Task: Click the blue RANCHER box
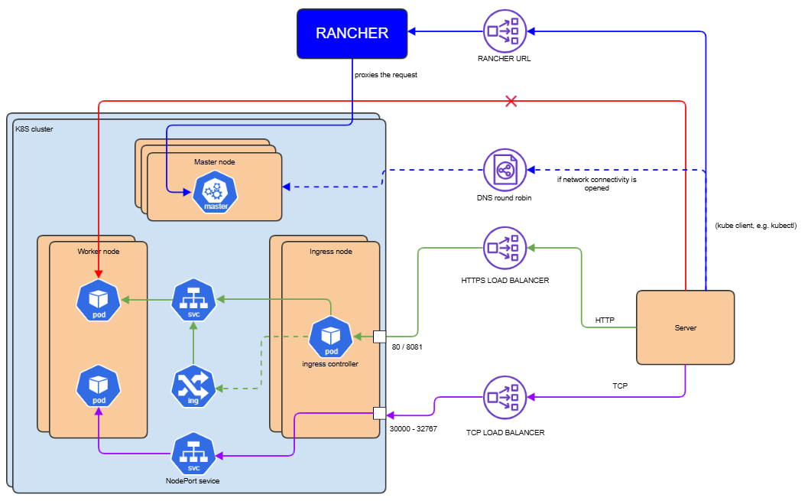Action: pyautogui.click(x=352, y=33)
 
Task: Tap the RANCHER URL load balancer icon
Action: pyautogui.click(x=505, y=30)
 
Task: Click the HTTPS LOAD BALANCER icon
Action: pyautogui.click(x=505, y=248)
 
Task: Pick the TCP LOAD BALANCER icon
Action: pyautogui.click(x=505, y=397)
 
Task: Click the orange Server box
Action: pyautogui.click(x=685, y=327)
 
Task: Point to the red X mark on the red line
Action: pyautogui.click(x=511, y=101)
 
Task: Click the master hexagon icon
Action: pyautogui.click(x=216, y=193)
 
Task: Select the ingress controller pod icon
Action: pyautogui.click(x=331, y=337)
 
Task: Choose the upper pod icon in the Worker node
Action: pyautogui.click(x=99, y=300)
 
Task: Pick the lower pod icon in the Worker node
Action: pyautogui.click(x=99, y=387)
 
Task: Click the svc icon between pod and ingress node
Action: pyautogui.click(x=193, y=300)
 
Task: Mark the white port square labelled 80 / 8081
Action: pyautogui.click(x=379, y=336)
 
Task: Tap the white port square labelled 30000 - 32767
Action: pyautogui.click(x=379, y=414)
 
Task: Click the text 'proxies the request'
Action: pyautogui.click(x=386, y=75)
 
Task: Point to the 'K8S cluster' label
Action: pyautogui.click(x=34, y=129)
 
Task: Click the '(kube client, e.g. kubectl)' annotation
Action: pyautogui.click(x=755, y=226)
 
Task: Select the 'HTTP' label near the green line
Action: pyautogui.click(x=605, y=320)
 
